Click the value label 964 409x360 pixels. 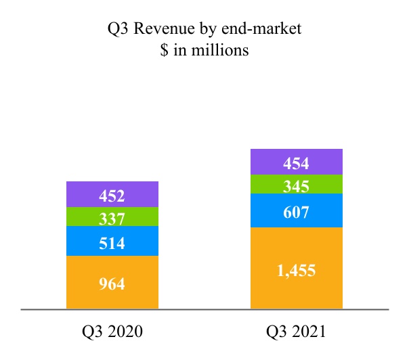(112, 284)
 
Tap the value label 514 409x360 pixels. (112, 243)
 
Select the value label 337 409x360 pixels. (112, 219)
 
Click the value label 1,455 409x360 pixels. (297, 271)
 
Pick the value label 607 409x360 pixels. (297, 212)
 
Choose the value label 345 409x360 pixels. (297, 185)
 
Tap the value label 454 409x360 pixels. (297, 164)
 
